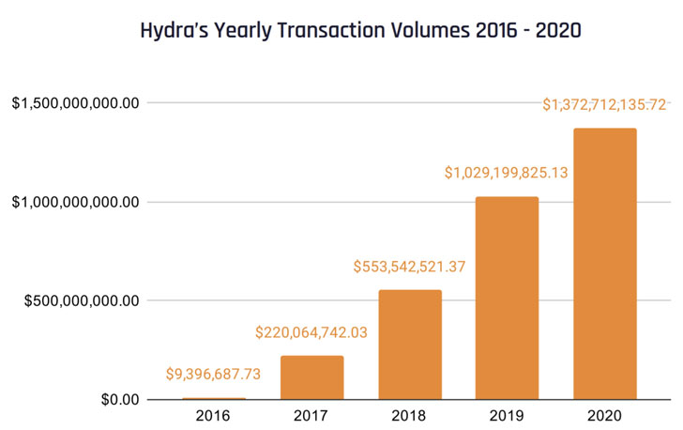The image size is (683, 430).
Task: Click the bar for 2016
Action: pos(215,398)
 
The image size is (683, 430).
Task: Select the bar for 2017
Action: pos(312,377)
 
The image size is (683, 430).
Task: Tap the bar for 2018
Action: pos(410,345)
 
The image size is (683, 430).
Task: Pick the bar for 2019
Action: pos(507,298)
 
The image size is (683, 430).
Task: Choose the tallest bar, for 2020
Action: pos(605,264)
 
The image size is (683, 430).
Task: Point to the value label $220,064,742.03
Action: pos(312,332)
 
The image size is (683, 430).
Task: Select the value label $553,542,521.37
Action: pos(410,267)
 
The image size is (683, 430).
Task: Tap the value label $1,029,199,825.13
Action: pos(507,173)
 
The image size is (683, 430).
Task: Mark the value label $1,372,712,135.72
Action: pos(605,105)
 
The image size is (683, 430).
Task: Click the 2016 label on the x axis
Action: pos(215,415)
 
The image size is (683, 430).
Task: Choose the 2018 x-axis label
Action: pos(410,415)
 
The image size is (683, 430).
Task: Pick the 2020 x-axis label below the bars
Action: pos(605,415)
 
